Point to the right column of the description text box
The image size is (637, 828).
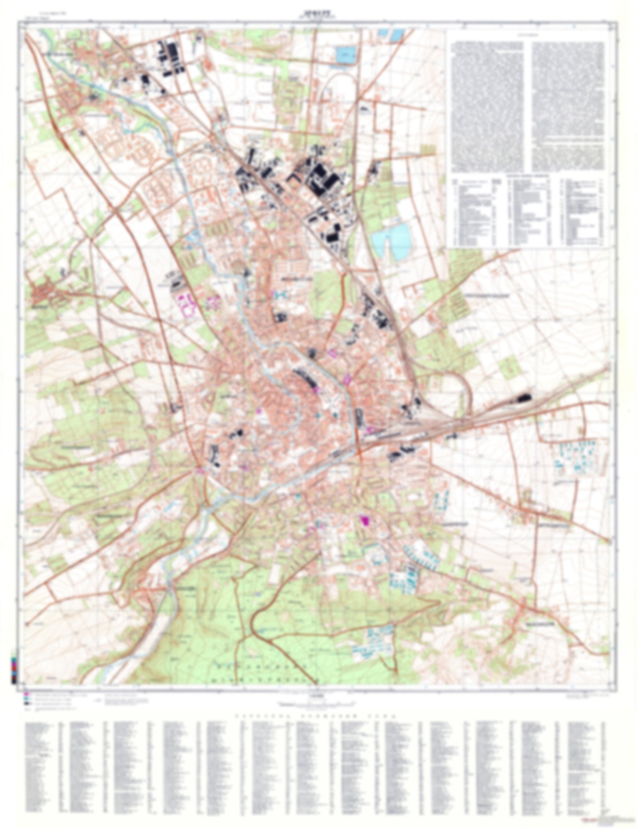[568, 106]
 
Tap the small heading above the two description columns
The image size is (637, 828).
[527, 35]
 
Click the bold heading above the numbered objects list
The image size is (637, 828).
[527, 175]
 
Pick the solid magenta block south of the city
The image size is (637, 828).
[365, 520]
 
